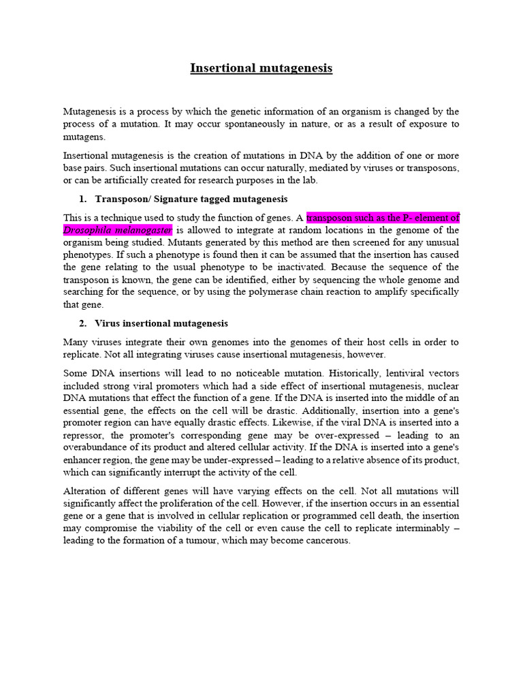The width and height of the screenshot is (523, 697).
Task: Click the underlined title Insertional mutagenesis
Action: click(x=261, y=68)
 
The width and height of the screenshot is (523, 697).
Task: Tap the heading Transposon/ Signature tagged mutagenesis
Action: click(x=191, y=199)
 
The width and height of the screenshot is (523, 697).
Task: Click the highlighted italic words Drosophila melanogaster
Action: click(x=117, y=230)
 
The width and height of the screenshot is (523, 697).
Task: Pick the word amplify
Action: click(x=383, y=292)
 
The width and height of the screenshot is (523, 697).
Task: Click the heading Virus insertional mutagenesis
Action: click(x=161, y=323)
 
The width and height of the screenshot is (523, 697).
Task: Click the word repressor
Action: click(x=83, y=436)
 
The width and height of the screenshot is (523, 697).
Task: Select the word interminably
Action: click(x=417, y=528)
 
